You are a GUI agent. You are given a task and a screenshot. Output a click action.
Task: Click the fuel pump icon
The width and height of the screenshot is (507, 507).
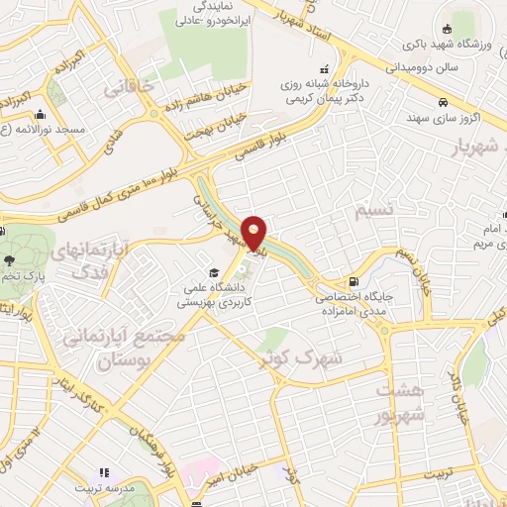[354, 281]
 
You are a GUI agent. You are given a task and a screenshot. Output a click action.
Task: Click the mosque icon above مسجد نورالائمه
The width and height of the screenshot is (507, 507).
[40, 115]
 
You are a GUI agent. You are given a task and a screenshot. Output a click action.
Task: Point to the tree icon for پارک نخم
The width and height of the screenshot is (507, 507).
[9, 261]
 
